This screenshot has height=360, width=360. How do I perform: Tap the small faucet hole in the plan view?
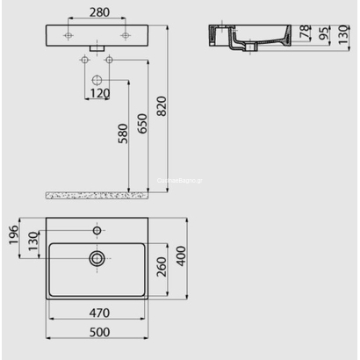tap(97, 229)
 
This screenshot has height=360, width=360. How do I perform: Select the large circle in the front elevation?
tap(97, 77)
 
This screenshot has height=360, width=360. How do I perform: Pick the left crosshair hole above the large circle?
tap(83, 59)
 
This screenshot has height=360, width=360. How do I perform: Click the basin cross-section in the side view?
tap(245, 37)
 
